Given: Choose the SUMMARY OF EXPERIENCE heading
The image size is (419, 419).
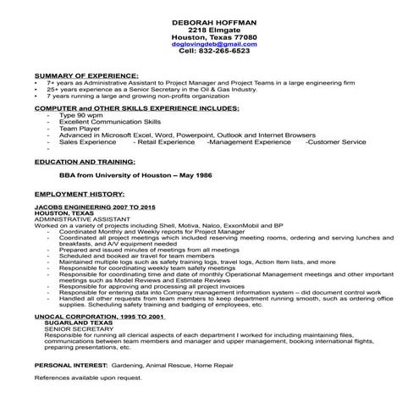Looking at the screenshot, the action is [x=86, y=75].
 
